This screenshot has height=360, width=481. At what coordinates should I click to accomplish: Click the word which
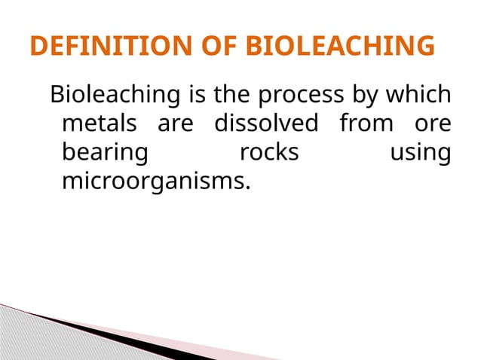coord(418,96)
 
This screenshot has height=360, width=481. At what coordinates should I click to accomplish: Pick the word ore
coord(434,124)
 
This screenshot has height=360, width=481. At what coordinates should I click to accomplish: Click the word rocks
coord(268,153)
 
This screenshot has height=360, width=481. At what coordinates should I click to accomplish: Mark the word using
coord(420,154)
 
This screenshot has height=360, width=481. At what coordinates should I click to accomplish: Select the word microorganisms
coord(155,182)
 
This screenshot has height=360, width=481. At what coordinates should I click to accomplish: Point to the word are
coord(176,124)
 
